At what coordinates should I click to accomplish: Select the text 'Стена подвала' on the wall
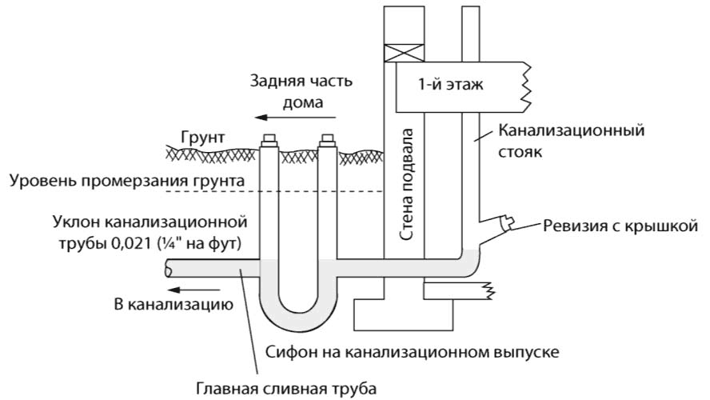click(x=410, y=184)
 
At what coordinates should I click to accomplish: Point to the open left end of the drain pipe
click(x=167, y=270)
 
